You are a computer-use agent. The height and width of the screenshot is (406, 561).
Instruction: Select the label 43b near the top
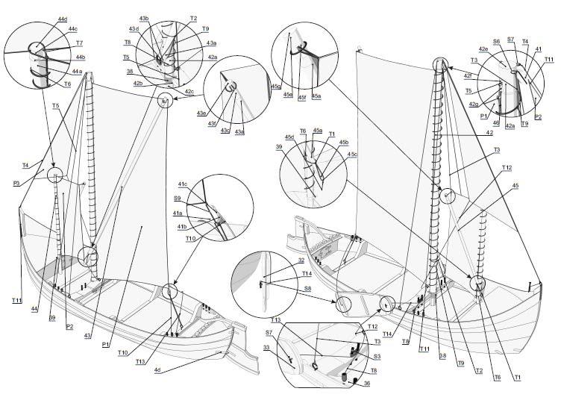pyautogui.click(x=143, y=18)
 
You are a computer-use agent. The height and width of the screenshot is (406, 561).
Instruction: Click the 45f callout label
pyautogui.click(x=301, y=96)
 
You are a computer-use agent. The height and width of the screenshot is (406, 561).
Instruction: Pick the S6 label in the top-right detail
pyautogui.click(x=497, y=42)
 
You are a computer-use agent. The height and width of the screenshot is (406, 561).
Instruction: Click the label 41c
pyautogui.click(x=182, y=184)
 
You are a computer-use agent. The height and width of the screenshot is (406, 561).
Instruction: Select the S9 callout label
pyautogui.click(x=178, y=199)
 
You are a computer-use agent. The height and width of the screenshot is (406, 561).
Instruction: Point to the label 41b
pyautogui.click(x=182, y=226)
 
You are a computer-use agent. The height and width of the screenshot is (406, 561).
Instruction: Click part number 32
pyautogui.click(x=301, y=260)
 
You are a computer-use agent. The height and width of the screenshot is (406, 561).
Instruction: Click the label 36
pyautogui.click(x=366, y=384)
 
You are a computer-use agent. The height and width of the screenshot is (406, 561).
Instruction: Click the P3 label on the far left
pyautogui.click(x=16, y=181)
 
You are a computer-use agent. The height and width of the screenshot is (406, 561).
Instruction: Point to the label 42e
pyautogui.click(x=484, y=49)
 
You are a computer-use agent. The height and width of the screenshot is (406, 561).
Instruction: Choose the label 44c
pyautogui.click(x=73, y=29)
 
